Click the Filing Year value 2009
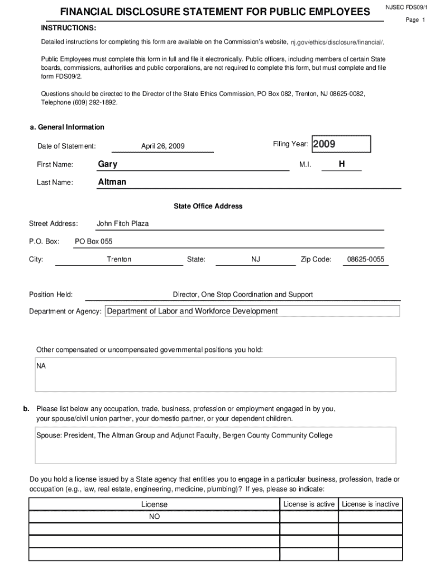324,145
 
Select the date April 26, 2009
163,146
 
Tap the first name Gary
108,164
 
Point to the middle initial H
342,164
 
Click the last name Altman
112,182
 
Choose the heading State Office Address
208,206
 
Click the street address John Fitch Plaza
123,223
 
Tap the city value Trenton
119,259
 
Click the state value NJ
256,259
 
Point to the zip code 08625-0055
365,259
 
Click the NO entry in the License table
154,517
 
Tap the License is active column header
309,504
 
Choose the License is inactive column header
370,504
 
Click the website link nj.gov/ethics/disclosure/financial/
337,42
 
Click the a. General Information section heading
67,127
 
